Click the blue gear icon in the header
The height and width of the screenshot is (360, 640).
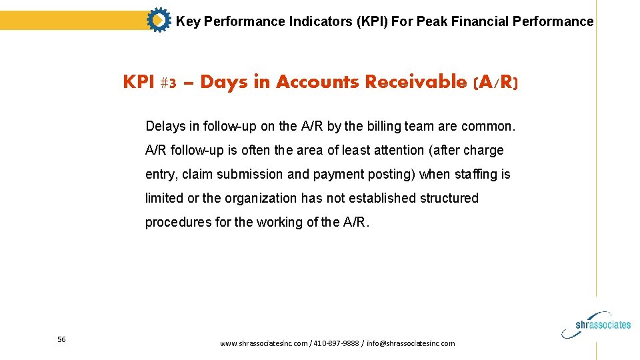158,21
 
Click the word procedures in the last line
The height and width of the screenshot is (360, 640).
178,223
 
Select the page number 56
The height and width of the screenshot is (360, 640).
61,339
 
